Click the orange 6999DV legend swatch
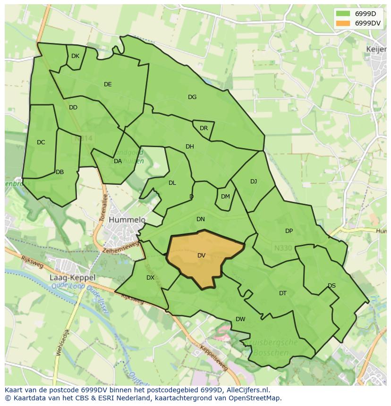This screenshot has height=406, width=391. click(x=343, y=23)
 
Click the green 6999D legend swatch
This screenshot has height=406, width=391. click(x=343, y=13)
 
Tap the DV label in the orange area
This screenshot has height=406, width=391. click(x=202, y=256)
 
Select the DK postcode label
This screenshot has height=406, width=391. click(x=76, y=56)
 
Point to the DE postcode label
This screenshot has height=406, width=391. click(x=108, y=84)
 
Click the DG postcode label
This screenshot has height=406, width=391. click(x=192, y=97)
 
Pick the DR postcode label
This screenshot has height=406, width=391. click(x=204, y=128)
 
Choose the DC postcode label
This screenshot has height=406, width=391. click(x=41, y=142)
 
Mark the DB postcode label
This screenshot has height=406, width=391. click(x=59, y=172)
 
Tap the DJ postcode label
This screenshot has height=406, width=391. click(x=254, y=182)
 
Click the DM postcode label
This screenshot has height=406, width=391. click(x=225, y=197)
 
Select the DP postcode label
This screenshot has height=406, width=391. click(x=289, y=231)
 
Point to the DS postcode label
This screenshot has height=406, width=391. click(x=331, y=286)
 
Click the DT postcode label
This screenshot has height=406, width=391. click(x=283, y=293)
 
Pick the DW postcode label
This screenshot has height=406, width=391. click(x=240, y=319)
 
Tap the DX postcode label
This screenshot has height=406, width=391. click(x=150, y=278)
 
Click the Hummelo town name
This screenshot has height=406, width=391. click(x=127, y=220)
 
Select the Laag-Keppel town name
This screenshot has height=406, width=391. click(x=72, y=278)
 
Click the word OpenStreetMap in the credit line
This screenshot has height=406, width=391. click(x=255, y=398)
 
